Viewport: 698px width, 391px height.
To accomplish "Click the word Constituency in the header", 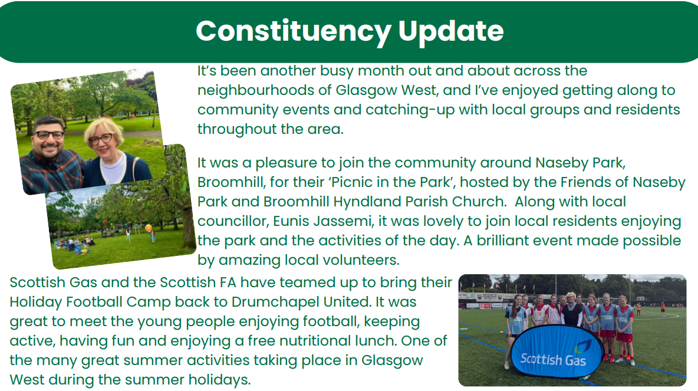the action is click(x=294, y=32).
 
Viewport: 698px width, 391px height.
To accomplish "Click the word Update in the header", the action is click(x=451, y=32).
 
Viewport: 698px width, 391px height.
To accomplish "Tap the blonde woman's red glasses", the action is click(x=101, y=139).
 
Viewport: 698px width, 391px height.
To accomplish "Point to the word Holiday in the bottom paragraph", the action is click(x=36, y=302).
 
